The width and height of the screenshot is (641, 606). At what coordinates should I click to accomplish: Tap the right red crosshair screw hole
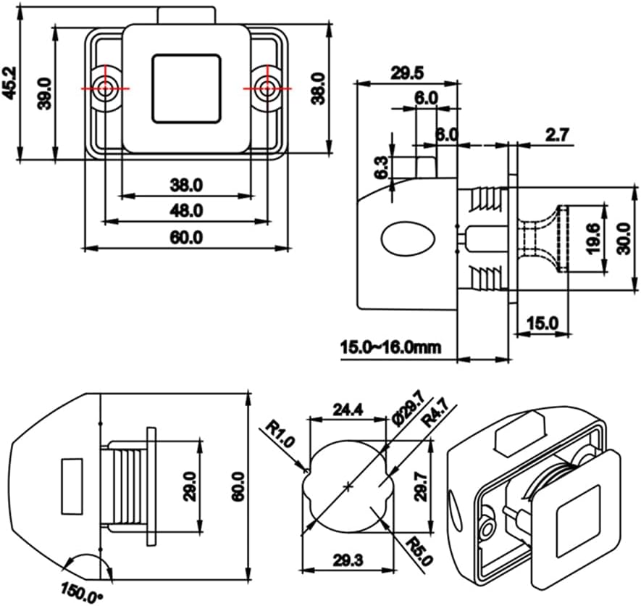pyautogui.click(x=269, y=88)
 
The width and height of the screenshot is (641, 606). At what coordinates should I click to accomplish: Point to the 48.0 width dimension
pyautogui.click(x=187, y=210)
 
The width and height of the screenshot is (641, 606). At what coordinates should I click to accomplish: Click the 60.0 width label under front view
pyautogui.click(x=187, y=237)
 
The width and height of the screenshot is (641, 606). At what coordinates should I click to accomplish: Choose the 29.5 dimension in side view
pyautogui.click(x=407, y=72)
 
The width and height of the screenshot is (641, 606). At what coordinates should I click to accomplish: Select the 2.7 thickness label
pyautogui.click(x=558, y=133)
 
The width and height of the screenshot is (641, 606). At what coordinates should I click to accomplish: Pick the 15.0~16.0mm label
pyautogui.click(x=390, y=347)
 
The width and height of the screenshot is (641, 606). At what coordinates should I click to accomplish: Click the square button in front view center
pyautogui.click(x=186, y=88)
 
